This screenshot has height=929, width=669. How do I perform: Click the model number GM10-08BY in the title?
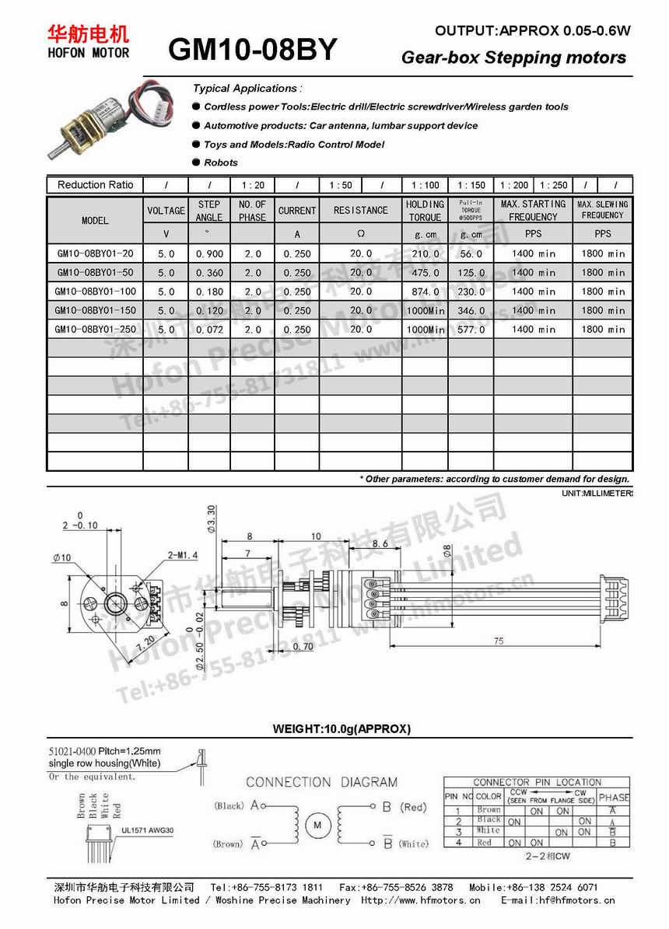point(253,50)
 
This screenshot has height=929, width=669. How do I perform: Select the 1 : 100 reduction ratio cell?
point(425,185)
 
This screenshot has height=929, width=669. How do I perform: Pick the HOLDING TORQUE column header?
point(425,211)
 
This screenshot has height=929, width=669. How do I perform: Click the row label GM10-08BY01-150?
point(95,310)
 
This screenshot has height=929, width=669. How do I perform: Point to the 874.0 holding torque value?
point(425,292)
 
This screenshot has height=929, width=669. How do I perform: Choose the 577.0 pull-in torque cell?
point(471,329)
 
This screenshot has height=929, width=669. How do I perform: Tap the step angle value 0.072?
point(209,329)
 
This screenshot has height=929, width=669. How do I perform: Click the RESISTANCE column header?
point(360,211)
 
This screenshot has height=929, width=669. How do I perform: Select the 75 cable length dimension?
point(499,641)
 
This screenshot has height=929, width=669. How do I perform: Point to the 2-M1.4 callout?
point(183,555)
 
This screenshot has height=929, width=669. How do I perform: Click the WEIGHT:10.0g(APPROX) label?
point(342,728)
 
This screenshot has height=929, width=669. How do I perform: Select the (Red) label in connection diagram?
point(414,808)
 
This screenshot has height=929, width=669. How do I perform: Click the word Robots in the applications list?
point(221,162)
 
